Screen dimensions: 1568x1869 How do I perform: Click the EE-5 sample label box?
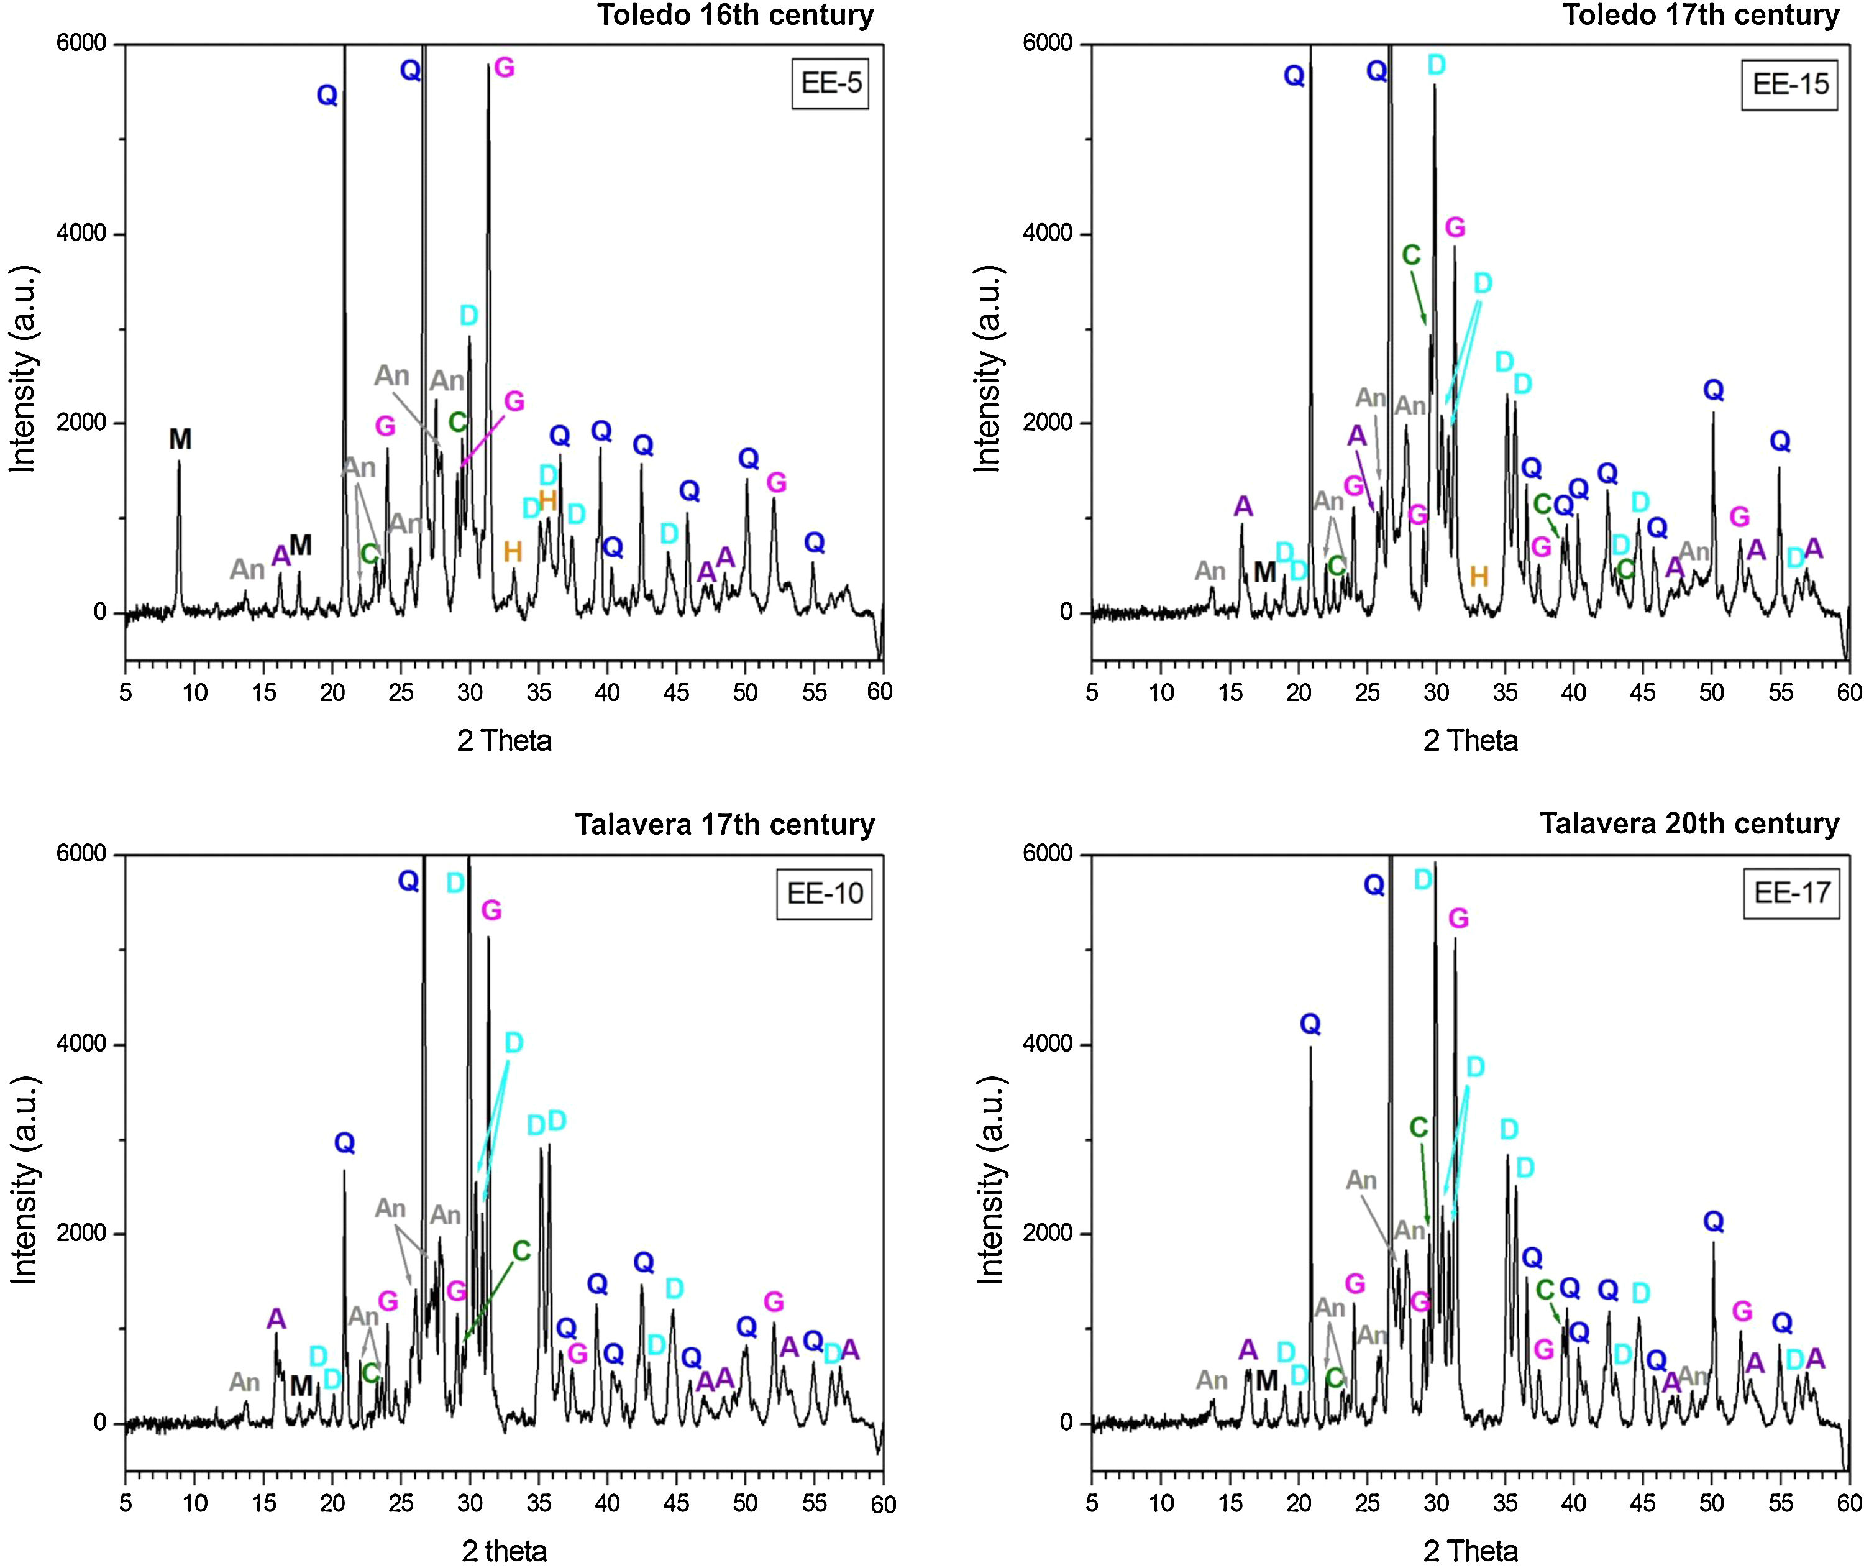coord(830,84)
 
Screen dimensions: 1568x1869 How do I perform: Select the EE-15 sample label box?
coord(1790,84)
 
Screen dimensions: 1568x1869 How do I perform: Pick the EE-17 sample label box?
coord(1791,893)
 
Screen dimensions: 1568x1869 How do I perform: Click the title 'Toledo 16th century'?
coord(735,15)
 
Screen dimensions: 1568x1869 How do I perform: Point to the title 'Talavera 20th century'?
coord(1689,823)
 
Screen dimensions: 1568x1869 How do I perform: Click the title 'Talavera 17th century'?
coord(724,825)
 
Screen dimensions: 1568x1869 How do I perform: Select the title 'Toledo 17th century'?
coord(1701,15)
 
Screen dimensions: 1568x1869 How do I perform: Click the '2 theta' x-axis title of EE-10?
coord(504,1551)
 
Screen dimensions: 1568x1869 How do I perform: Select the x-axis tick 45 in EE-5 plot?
coord(677,692)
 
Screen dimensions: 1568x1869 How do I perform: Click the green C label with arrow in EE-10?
coord(521,1251)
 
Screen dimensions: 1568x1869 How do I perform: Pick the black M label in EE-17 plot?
coord(1266,1381)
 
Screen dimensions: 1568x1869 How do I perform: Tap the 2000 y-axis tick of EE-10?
coord(83,1234)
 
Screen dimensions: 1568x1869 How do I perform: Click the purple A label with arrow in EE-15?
coord(1356,436)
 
